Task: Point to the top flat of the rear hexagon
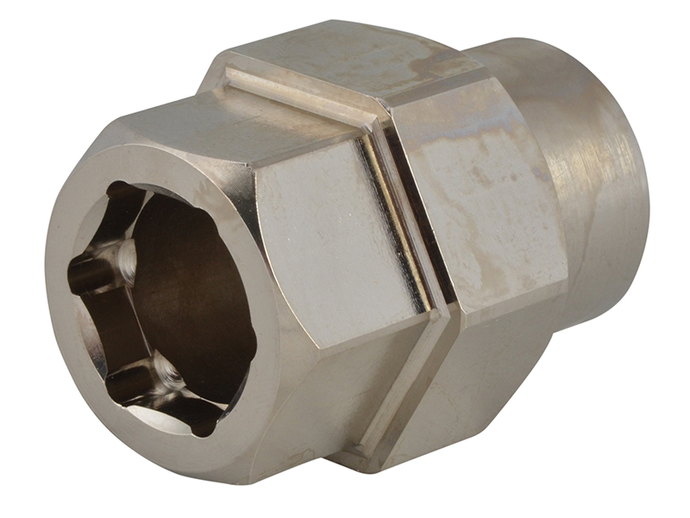[x=362, y=52]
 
